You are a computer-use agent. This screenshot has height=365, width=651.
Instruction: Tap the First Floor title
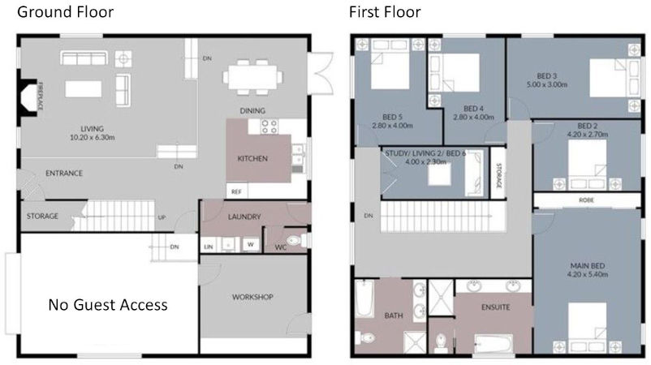[x=385, y=12]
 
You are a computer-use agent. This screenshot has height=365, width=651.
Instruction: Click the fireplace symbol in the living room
[x=32, y=95]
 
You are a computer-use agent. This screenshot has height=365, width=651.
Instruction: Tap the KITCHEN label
[x=252, y=158]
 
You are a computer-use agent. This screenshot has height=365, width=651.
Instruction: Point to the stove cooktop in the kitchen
[x=268, y=127]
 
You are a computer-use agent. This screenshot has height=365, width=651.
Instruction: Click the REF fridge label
[x=236, y=192]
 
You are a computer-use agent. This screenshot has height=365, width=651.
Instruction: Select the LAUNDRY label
[x=244, y=217]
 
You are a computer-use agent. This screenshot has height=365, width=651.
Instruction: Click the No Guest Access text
[x=108, y=305]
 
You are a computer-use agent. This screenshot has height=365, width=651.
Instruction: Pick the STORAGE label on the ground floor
[x=42, y=217]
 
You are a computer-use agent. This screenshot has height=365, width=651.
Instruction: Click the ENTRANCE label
[x=64, y=173]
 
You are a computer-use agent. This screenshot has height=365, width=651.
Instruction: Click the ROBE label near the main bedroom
[x=584, y=199]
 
